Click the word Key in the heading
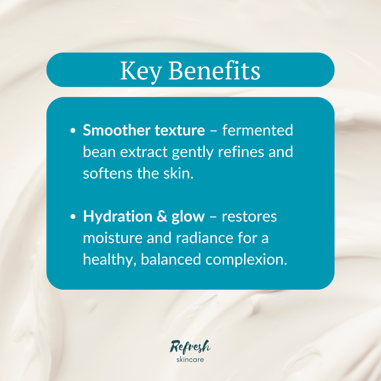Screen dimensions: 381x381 click(x=140, y=71)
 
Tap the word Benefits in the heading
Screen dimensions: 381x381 click(x=214, y=71)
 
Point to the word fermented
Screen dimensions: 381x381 click(x=258, y=131)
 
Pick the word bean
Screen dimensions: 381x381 click(x=99, y=152)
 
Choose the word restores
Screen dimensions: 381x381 click(x=249, y=217)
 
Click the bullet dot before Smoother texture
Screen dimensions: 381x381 click(x=73, y=131)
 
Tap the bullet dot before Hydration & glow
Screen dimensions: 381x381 click(x=73, y=217)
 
